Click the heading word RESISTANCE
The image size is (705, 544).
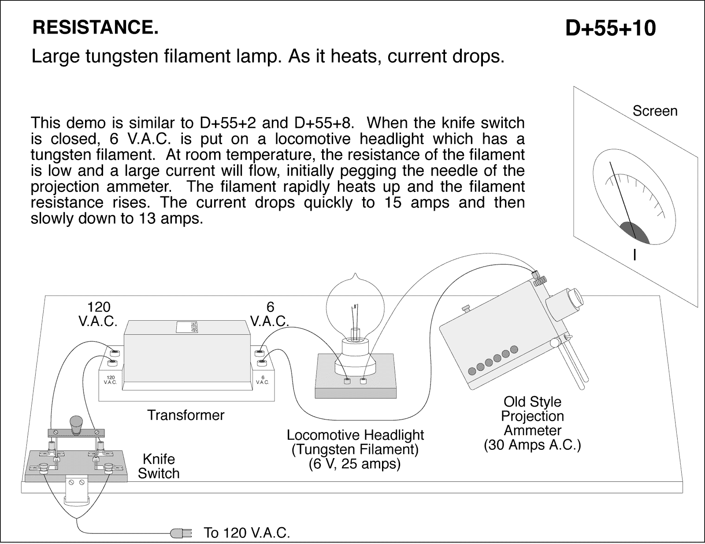(x=95, y=28)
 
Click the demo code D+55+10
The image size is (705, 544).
(x=610, y=29)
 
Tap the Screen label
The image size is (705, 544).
(x=655, y=111)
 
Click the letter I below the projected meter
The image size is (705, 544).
(x=634, y=255)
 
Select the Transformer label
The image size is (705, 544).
(x=186, y=415)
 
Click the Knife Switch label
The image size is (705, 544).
(x=159, y=466)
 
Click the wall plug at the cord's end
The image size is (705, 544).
(x=181, y=533)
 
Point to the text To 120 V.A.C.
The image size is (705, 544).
(x=247, y=533)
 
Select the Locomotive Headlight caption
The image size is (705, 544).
(x=355, y=435)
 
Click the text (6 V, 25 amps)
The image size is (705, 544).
(x=355, y=464)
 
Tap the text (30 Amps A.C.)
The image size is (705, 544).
(x=532, y=445)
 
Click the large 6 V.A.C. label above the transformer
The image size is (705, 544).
(x=270, y=314)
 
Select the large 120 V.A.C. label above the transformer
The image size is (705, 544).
(x=98, y=314)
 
